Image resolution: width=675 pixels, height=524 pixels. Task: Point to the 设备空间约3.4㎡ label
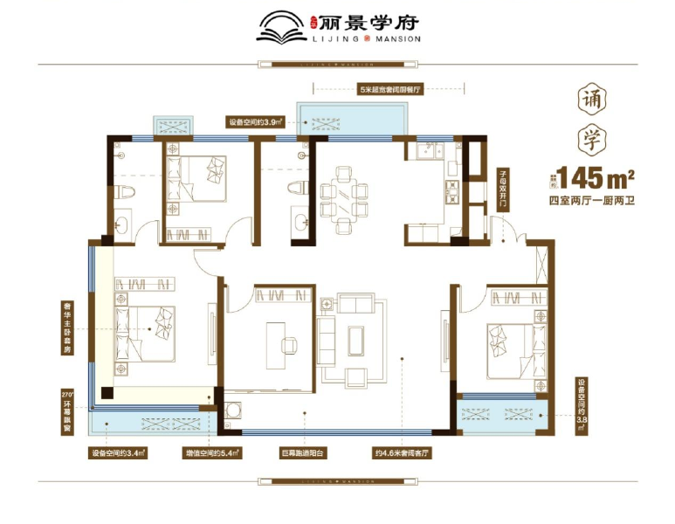119,454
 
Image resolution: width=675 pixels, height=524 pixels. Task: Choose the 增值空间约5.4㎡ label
213,454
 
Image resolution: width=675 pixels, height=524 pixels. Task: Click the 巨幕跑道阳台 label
304,454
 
